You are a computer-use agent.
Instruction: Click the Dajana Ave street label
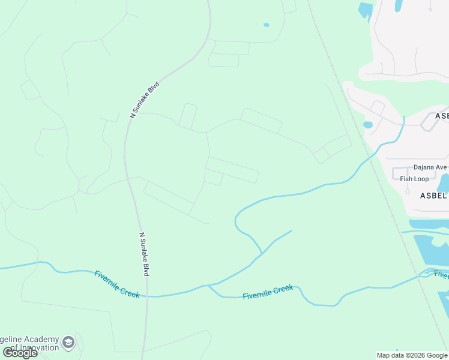[x=430, y=167]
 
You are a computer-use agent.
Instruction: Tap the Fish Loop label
[x=414, y=179]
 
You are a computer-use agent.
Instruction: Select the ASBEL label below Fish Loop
[x=433, y=196]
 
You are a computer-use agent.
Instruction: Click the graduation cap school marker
[x=68, y=341]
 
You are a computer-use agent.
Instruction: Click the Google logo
[x=20, y=353]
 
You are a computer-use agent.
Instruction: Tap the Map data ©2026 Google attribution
[x=412, y=355]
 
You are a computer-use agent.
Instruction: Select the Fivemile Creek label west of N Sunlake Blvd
[x=116, y=284]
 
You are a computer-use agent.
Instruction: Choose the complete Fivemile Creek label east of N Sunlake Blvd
[x=268, y=292]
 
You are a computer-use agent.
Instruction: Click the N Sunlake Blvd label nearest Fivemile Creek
[x=143, y=254]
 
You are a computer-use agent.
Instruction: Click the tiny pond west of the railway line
[x=266, y=25]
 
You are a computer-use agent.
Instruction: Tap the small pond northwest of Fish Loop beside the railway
[x=367, y=125]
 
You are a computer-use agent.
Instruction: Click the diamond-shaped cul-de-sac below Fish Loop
[x=407, y=191]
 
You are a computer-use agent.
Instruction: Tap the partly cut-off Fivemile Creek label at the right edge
[x=441, y=275]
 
